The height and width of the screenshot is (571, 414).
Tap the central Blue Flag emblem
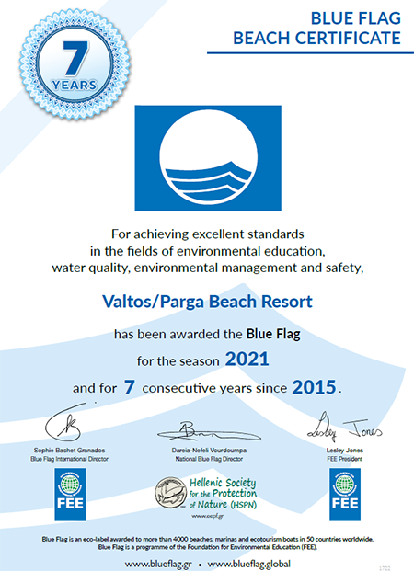tap(206, 155)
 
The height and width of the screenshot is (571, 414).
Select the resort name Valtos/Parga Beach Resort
tap(206, 301)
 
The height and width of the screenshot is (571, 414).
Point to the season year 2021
tap(247, 359)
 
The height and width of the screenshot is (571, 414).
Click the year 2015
tap(314, 387)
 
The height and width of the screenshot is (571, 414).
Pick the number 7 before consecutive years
tap(130, 387)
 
